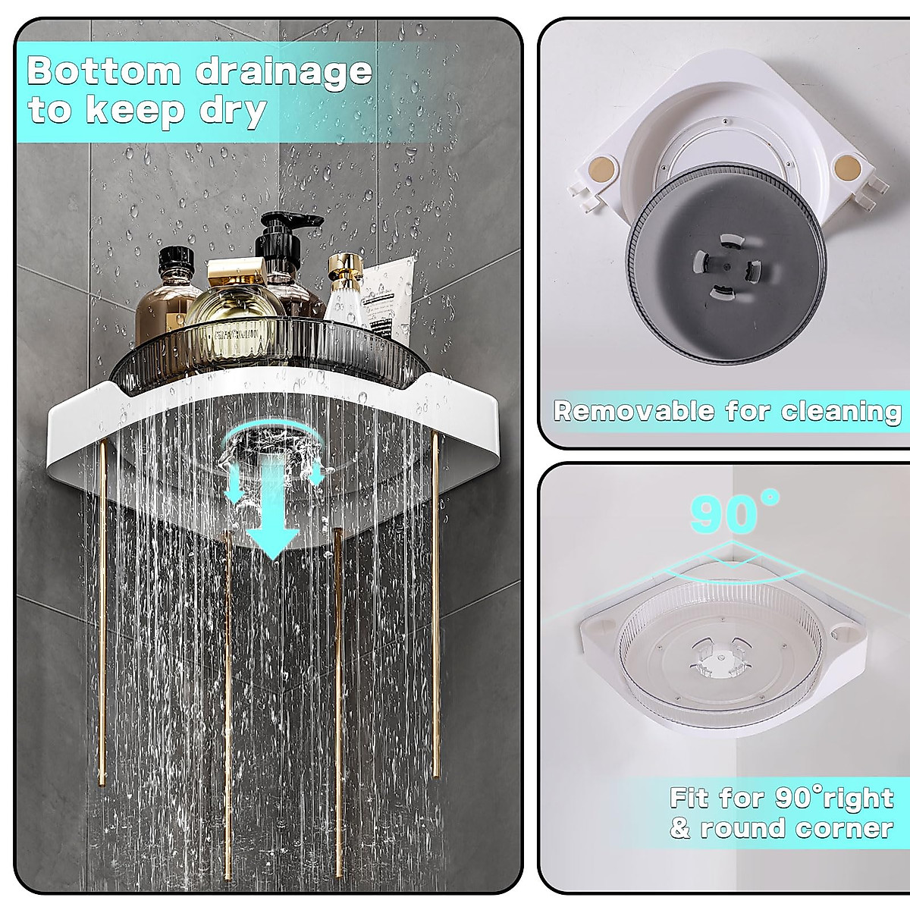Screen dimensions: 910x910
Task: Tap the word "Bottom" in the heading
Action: point(103,72)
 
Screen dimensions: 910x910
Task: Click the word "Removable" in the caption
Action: point(634,411)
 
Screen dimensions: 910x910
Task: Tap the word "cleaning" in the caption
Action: point(842,411)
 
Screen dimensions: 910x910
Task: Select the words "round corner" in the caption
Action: point(796,828)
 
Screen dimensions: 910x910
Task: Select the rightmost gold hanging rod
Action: point(436,607)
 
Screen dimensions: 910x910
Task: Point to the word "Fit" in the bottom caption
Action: point(690,798)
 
